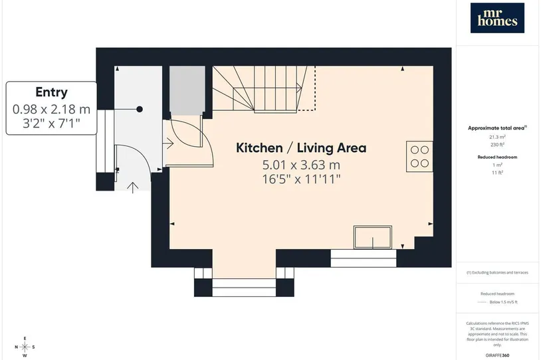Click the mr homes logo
pyautogui.click(x=497, y=18)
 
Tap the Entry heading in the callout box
pyautogui.click(x=51, y=92)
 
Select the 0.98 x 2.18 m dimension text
pyautogui.click(x=51, y=110)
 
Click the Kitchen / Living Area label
pyautogui.click(x=301, y=148)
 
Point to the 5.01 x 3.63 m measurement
pyautogui.click(x=301, y=165)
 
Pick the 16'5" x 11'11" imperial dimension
pyautogui.click(x=301, y=179)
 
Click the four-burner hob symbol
pyautogui.click(x=419, y=157)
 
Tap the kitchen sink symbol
pyautogui.click(x=373, y=237)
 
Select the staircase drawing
pyautogui.click(x=264, y=89)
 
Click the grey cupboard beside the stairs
pyautogui.click(x=187, y=90)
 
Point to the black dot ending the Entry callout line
pyautogui.click(x=140, y=110)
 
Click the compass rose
pyautogui.click(x=25, y=347)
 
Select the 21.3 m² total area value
pyautogui.click(x=497, y=137)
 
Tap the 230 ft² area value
pyautogui.click(x=497, y=145)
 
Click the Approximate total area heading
pyautogui.click(x=497, y=128)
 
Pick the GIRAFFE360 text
pyautogui.click(x=497, y=355)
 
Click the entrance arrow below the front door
pyautogui.click(x=133, y=187)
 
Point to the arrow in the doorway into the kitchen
pyautogui.click(x=169, y=143)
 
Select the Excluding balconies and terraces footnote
pyautogui.click(x=497, y=272)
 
